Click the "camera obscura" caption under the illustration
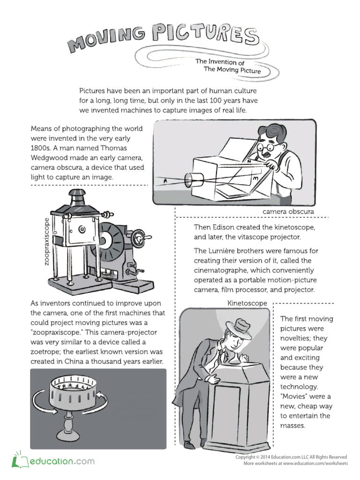(x=288, y=212)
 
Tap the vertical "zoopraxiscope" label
(x=47, y=241)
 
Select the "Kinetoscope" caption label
(x=247, y=303)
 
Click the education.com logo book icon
(x=18, y=461)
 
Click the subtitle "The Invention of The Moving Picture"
(x=228, y=66)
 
